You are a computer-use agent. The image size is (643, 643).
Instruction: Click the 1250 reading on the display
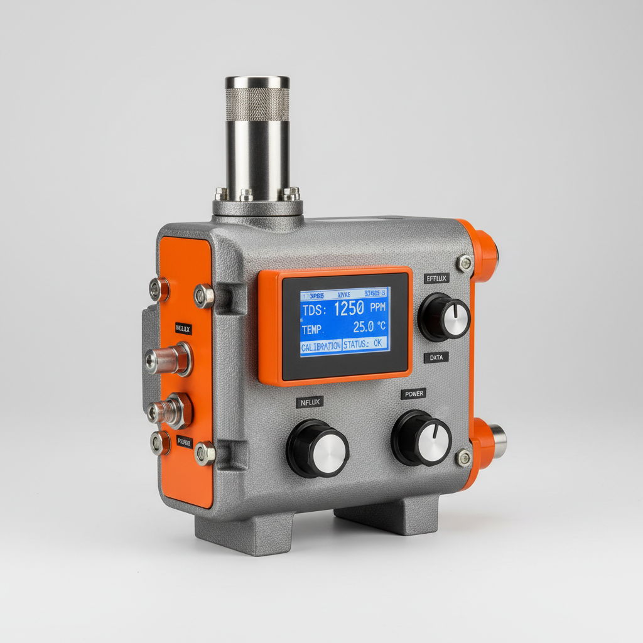tap(349, 308)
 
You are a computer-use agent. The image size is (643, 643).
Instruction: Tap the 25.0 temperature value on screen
tap(363, 327)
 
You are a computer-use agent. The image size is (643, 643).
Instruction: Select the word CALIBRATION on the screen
tap(321, 345)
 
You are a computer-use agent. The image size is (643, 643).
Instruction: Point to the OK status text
tap(377, 344)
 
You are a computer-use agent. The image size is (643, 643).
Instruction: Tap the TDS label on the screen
tap(312, 311)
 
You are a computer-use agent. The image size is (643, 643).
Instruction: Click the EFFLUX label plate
tap(436, 278)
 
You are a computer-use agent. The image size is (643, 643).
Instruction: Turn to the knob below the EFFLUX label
tap(445, 318)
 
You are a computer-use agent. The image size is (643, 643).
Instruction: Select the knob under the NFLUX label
tap(318, 448)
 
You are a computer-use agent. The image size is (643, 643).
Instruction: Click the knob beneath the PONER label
tap(421, 438)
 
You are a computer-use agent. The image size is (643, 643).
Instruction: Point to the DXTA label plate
tap(435, 358)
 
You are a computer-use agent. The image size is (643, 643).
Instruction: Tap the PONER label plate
tap(413, 394)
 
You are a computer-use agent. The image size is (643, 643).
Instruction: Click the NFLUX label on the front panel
tap(310, 401)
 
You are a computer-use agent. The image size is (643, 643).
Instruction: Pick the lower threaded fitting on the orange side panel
tap(170, 411)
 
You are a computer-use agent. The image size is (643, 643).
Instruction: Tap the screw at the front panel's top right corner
tap(464, 263)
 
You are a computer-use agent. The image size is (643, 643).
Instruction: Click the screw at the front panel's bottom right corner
tap(463, 458)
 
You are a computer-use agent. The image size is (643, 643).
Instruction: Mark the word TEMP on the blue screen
tap(311, 329)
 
